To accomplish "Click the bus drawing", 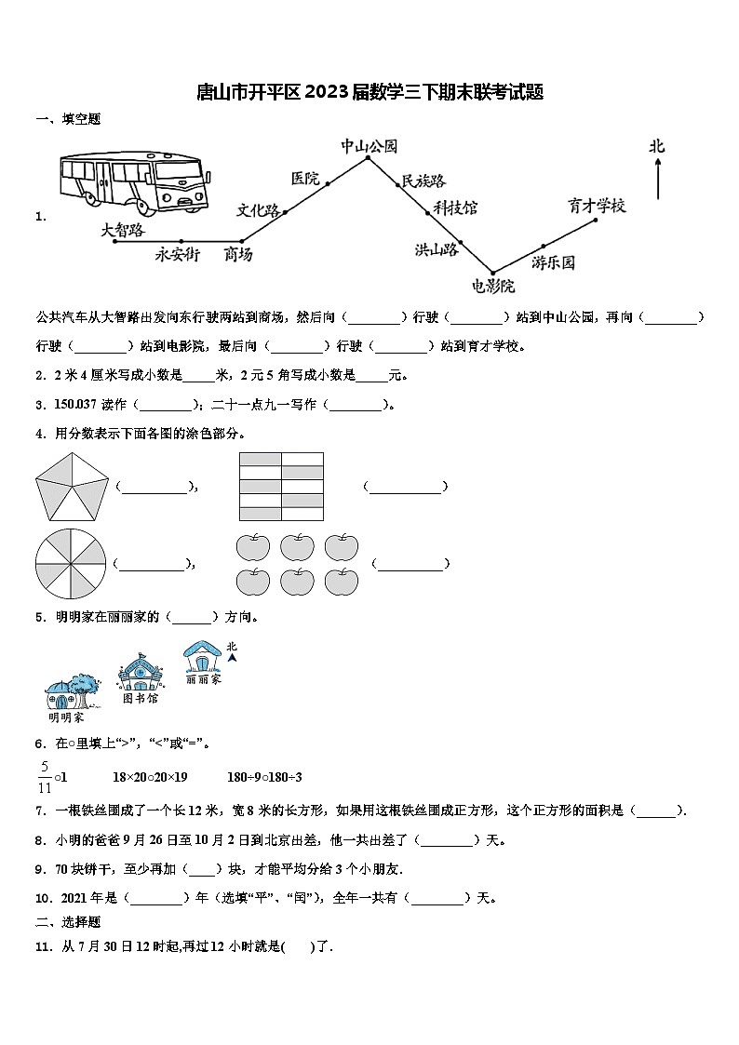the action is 133,180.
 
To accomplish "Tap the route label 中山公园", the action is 369,146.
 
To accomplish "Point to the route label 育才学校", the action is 597,206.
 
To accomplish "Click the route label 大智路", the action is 123,229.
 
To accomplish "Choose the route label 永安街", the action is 177,254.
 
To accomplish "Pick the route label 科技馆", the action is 455,208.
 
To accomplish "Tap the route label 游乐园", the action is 554,262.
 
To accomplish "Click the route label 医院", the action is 305,178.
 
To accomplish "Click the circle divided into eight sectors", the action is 71,562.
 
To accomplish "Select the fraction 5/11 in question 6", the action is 44,776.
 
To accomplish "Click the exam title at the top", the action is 369,91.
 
